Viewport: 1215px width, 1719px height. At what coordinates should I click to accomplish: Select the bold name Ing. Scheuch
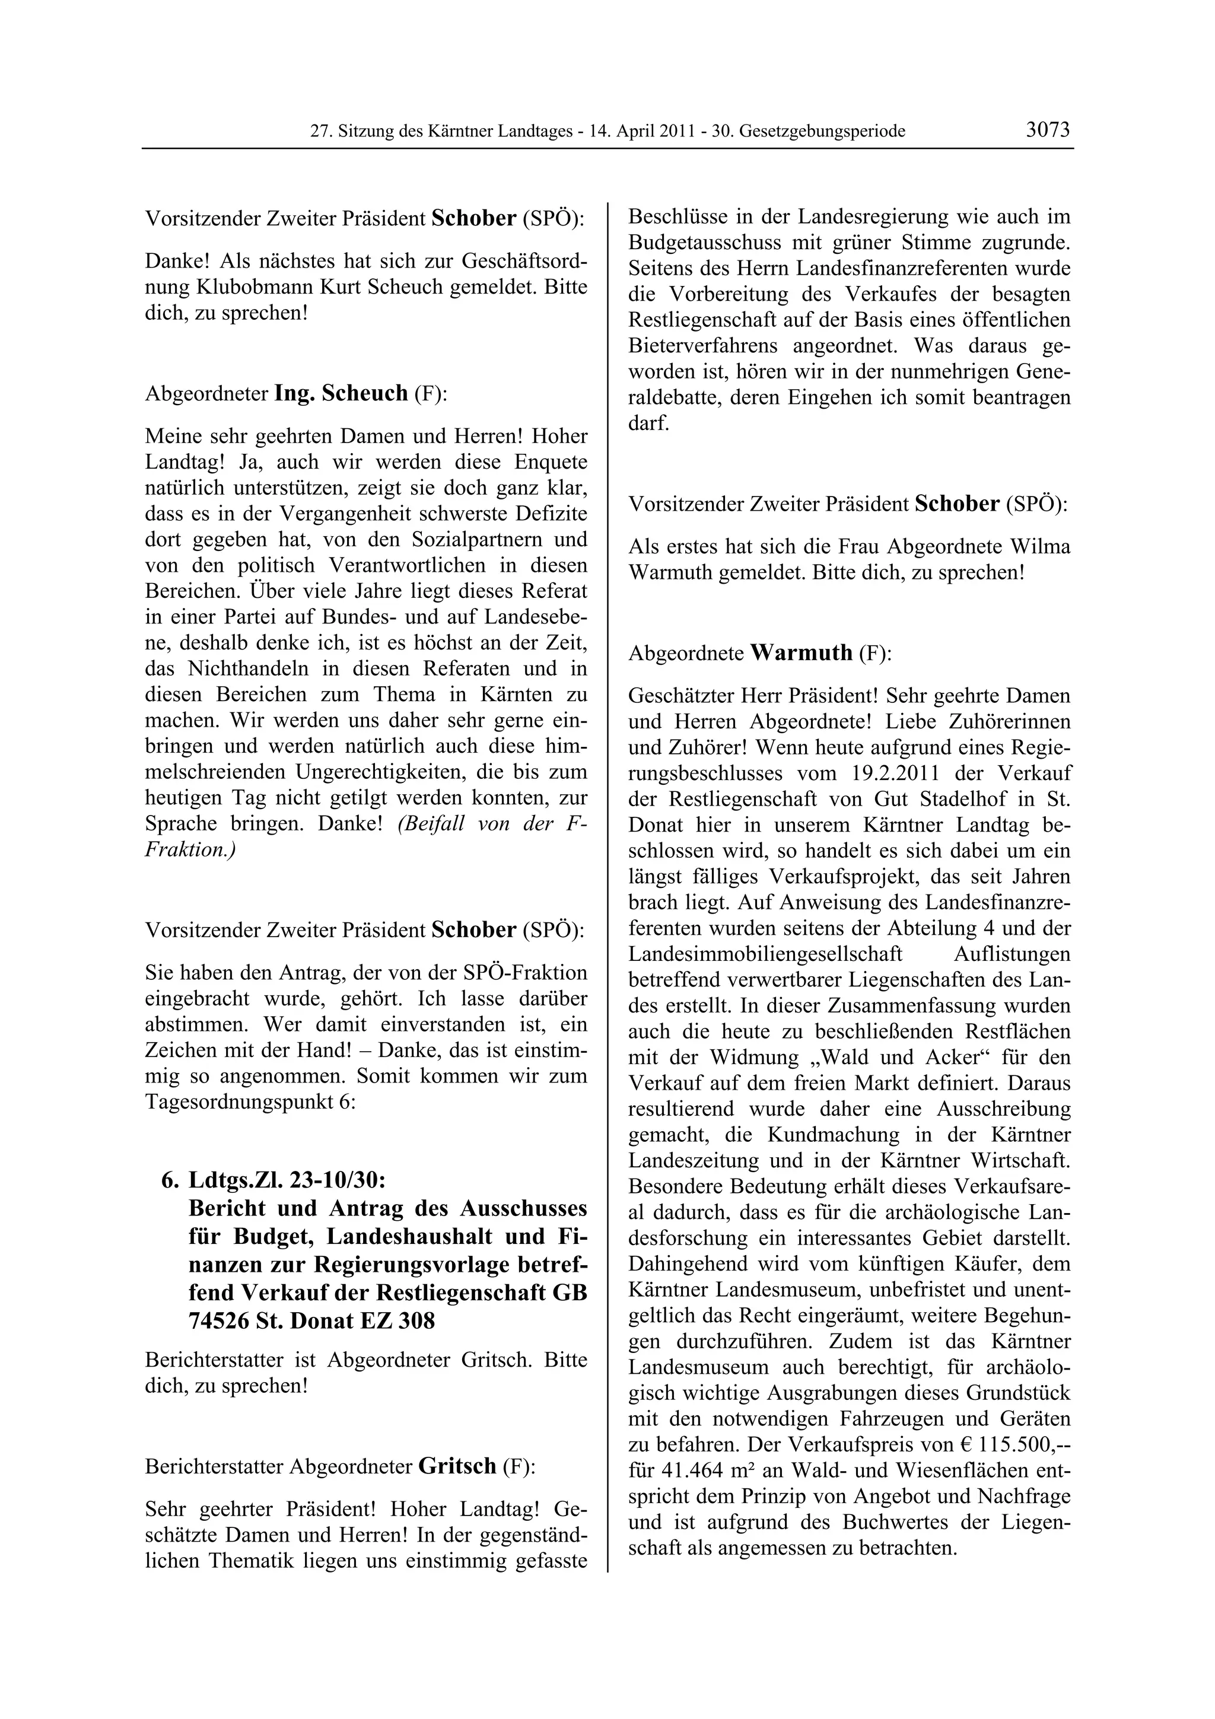341,393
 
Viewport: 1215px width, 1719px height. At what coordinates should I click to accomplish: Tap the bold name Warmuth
801,653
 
